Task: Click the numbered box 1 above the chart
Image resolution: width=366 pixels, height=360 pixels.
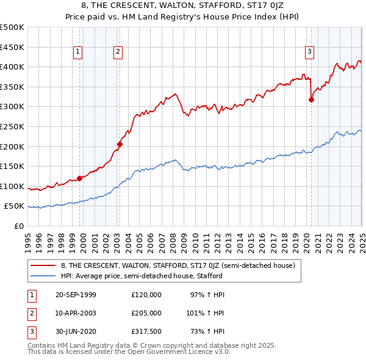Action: (x=79, y=52)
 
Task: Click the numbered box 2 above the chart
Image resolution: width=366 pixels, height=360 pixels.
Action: (x=117, y=52)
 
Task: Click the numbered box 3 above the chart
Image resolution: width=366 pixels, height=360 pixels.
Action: (x=310, y=52)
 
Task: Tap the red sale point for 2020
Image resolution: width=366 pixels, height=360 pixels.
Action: (x=311, y=99)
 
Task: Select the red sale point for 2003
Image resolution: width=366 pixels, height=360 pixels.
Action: (x=120, y=145)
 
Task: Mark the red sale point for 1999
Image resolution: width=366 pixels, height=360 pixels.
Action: (x=80, y=178)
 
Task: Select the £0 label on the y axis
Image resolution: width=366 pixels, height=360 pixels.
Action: (x=20, y=226)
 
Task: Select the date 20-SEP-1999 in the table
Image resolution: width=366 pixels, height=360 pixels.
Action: (x=76, y=295)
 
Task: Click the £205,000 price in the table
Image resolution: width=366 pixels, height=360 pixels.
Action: (x=146, y=313)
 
